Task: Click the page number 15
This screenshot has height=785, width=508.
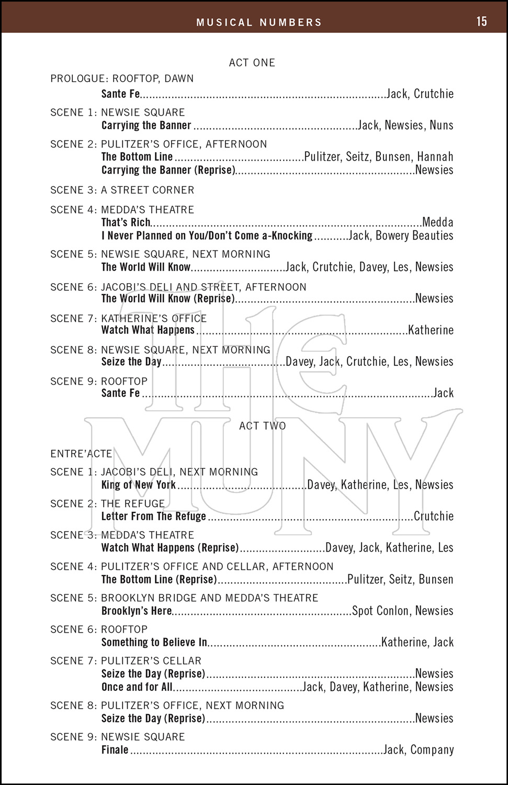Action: (481, 21)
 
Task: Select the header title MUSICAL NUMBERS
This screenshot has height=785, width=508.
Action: (259, 23)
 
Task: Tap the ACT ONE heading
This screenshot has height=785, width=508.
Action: (252, 63)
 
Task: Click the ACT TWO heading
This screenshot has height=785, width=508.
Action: (263, 426)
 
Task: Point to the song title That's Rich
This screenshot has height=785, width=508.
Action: (126, 222)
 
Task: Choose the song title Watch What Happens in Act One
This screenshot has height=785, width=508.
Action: (148, 330)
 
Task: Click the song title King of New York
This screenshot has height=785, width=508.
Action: (139, 485)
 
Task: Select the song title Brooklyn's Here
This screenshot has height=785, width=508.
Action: (137, 611)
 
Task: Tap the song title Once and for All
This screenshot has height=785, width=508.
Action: (137, 687)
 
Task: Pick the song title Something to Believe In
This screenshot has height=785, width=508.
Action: (154, 643)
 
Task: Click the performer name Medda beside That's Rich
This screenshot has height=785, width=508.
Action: (437, 222)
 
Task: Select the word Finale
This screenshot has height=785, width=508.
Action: (115, 750)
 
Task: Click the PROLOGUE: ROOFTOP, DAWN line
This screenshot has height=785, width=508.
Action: (122, 79)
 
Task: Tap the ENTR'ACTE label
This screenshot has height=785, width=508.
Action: (81, 454)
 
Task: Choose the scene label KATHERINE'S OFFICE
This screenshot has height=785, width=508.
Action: (154, 319)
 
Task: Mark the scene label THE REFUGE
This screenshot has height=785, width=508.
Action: (133, 504)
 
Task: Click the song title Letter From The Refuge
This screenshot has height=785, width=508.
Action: (154, 517)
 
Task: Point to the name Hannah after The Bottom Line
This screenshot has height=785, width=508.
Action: (435, 157)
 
